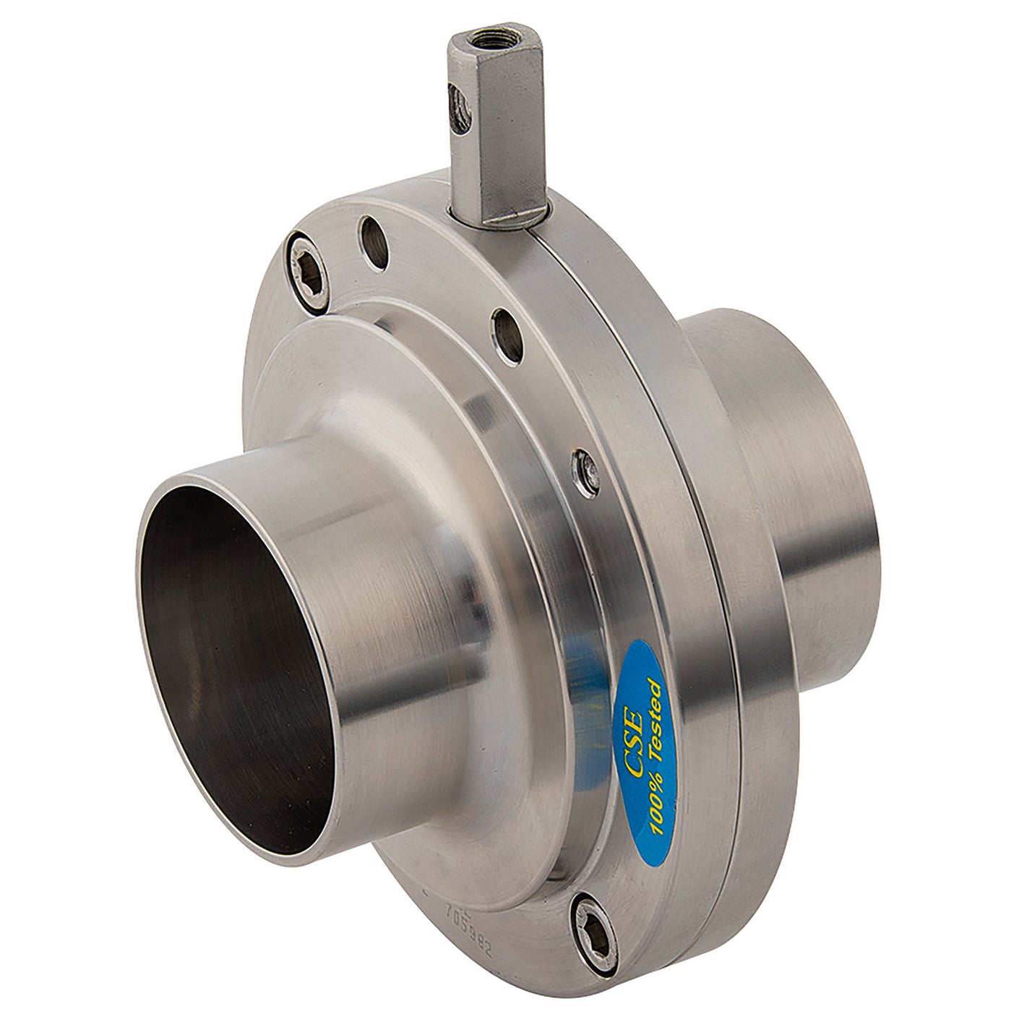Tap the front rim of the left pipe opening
[x=173, y=499]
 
